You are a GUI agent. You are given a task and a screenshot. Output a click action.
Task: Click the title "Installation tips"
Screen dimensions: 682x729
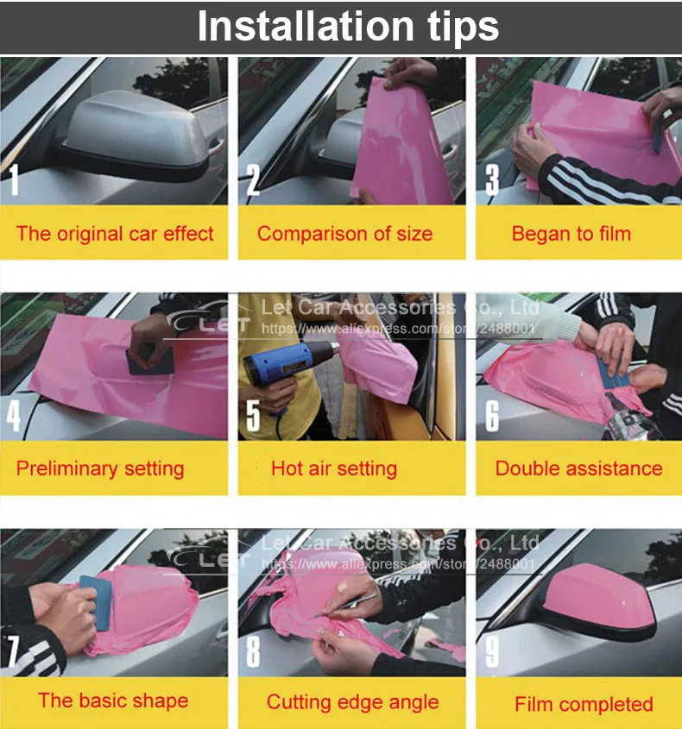[x=348, y=26]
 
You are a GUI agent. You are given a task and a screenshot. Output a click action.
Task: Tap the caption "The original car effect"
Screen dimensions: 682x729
[x=115, y=234]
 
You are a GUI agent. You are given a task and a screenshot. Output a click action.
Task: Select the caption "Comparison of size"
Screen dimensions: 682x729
[x=344, y=234]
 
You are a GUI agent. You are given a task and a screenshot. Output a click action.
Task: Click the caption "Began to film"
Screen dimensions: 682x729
[x=571, y=234]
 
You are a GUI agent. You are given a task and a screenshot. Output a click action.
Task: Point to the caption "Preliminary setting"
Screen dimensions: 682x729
[x=100, y=468]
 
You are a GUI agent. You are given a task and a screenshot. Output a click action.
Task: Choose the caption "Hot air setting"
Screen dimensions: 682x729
[x=334, y=468]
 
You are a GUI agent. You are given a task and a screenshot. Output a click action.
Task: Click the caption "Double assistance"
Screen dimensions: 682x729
[x=578, y=468]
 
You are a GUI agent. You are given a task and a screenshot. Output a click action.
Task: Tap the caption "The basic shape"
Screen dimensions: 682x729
[x=113, y=701]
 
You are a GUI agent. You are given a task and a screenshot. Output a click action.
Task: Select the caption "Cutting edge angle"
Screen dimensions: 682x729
[x=352, y=702]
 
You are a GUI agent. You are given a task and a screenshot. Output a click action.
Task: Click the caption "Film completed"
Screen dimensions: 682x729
[x=584, y=704]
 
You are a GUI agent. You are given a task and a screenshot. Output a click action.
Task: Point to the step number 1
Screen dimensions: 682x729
[x=14, y=179]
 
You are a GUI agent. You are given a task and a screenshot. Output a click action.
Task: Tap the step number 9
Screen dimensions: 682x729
[x=492, y=651]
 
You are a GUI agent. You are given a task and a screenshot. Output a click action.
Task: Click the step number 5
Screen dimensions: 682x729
[x=253, y=415]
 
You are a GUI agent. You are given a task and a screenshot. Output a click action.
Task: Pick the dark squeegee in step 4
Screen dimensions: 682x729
[x=150, y=361]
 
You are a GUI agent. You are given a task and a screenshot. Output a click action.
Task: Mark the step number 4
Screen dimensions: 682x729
[x=14, y=415]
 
